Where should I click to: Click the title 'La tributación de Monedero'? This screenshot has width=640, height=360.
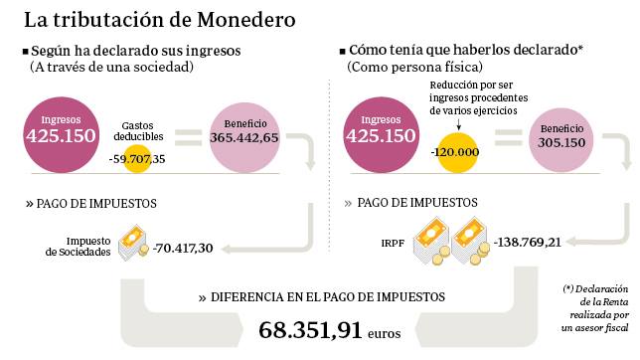(x=158, y=19)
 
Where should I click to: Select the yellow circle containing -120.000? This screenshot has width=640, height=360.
(x=456, y=150)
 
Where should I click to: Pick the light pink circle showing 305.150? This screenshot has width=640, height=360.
(x=562, y=134)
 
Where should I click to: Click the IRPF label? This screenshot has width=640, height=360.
(x=393, y=242)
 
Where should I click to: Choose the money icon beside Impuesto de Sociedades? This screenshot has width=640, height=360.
(x=133, y=242)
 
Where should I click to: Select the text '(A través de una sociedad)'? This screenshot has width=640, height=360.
(x=110, y=68)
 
